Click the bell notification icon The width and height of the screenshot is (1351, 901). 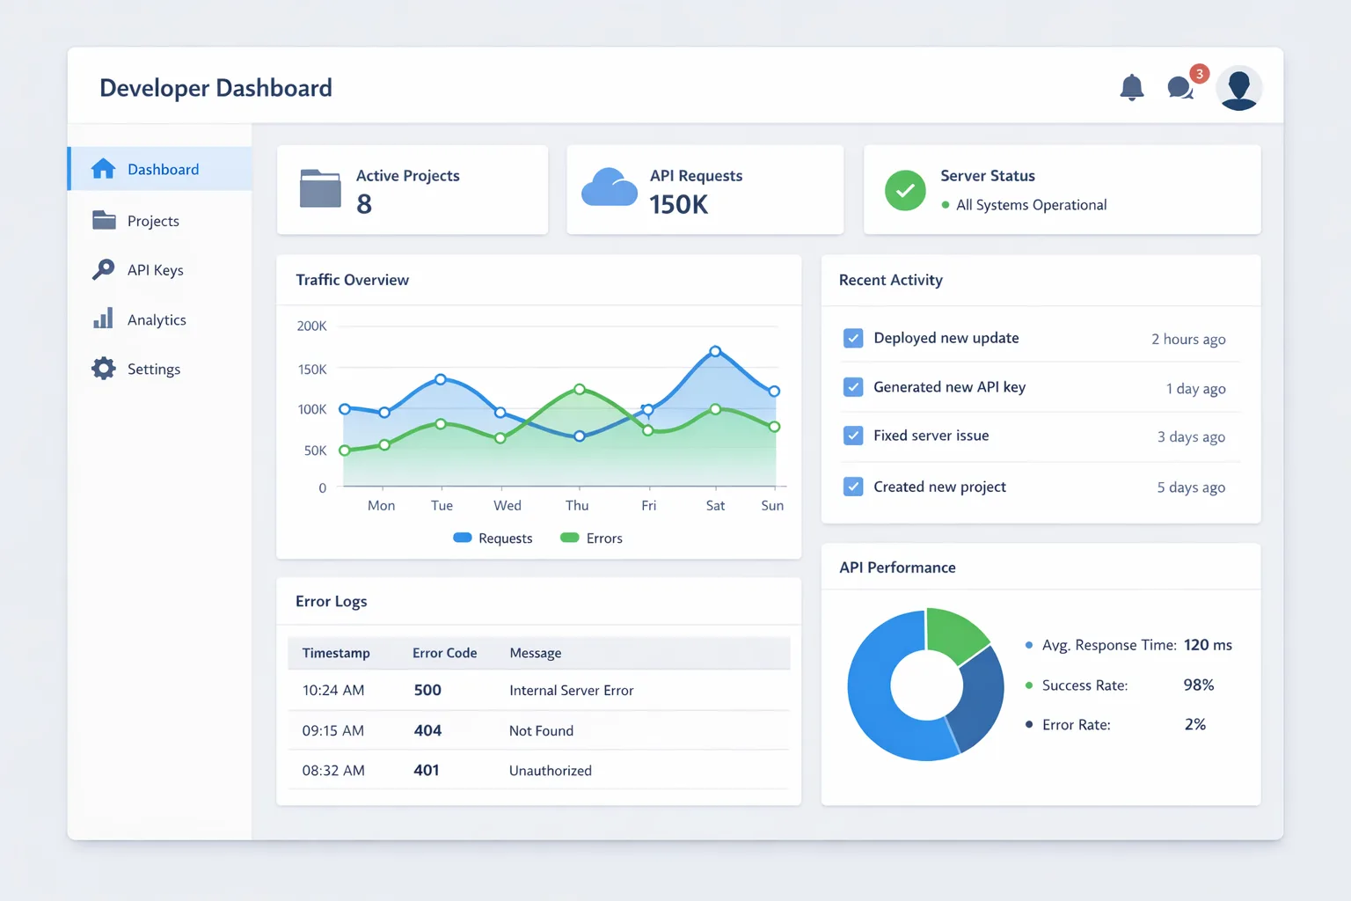click(x=1131, y=87)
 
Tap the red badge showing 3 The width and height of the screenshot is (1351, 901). click(x=1200, y=74)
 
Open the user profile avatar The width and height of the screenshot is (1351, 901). click(x=1238, y=88)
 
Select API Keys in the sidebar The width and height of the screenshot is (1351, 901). click(x=155, y=270)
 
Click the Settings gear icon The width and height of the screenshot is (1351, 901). click(x=103, y=368)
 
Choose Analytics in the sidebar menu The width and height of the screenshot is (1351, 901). click(x=157, y=319)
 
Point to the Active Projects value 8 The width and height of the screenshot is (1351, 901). click(x=363, y=204)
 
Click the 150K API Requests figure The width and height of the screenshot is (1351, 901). click(x=678, y=205)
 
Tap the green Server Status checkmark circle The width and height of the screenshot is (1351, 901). click(x=905, y=191)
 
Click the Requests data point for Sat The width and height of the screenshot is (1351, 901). click(x=715, y=351)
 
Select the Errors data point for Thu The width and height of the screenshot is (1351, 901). click(x=580, y=389)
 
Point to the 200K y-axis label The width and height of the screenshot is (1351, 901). click(x=311, y=326)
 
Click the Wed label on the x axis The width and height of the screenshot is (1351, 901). click(x=508, y=505)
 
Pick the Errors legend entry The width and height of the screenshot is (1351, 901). click(x=591, y=538)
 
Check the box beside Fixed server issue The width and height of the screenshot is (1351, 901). click(x=853, y=436)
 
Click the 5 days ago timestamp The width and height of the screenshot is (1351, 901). click(x=1191, y=487)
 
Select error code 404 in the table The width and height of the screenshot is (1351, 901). click(x=427, y=730)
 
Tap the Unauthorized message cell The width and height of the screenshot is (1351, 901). click(x=550, y=770)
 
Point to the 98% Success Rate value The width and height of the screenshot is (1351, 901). click(x=1199, y=685)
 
